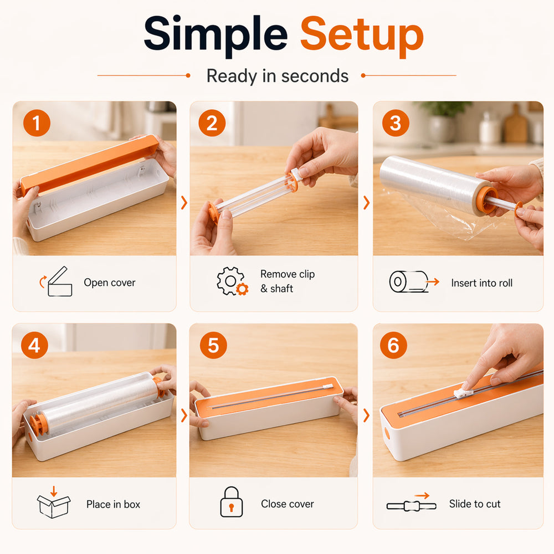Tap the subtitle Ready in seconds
pyautogui.click(x=278, y=76)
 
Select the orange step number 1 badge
pyautogui.click(x=37, y=123)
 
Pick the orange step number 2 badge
pyautogui.click(x=212, y=123)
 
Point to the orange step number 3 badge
pyautogui.click(x=396, y=123)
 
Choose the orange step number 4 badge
pyautogui.click(x=34, y=345)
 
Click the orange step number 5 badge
pyautogui.click(x=213, y=345)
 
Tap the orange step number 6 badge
pyautogui.click(x=393, y=345)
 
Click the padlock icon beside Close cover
pyautogui.click(x=232, y=502)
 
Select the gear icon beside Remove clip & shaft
pyautogui.click(x=232, y=281)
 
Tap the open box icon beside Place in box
pyautogui.click(x=54, y=502)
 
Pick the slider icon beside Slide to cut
pyautogui.click(x=412, y=503)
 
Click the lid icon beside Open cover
pyautogui.click(x=56, y=281)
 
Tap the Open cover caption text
pyautogui.click(x=110, y=283)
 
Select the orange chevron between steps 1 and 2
pyautogui.click(x=184, y=202)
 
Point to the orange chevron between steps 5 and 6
pyautogui.click(x=366, y=416)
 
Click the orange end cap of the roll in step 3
pyautogui.click(x=487, y=200)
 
